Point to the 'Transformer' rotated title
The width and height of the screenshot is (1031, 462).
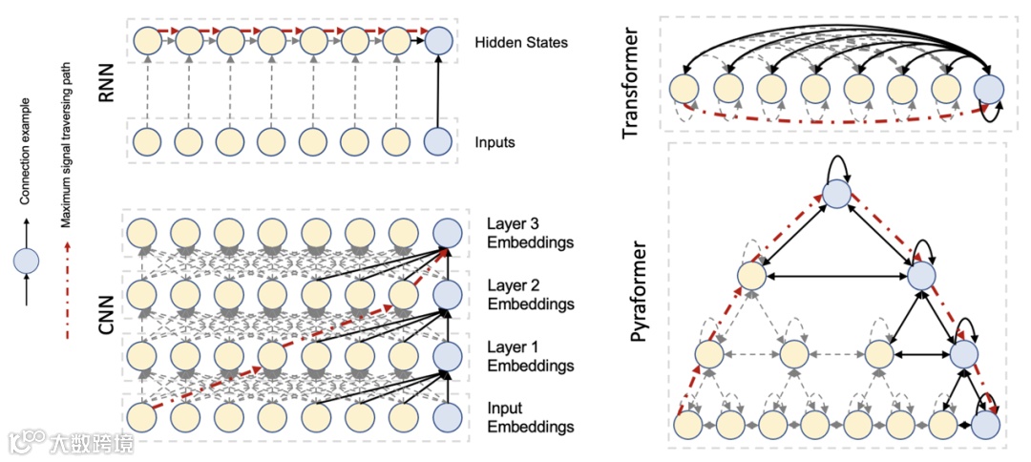point(630,83)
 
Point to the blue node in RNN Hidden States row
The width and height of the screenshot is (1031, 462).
point(437,41)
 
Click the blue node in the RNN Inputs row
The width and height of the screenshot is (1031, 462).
point(437,141)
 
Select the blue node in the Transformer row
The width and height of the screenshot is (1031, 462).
point(988,88)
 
